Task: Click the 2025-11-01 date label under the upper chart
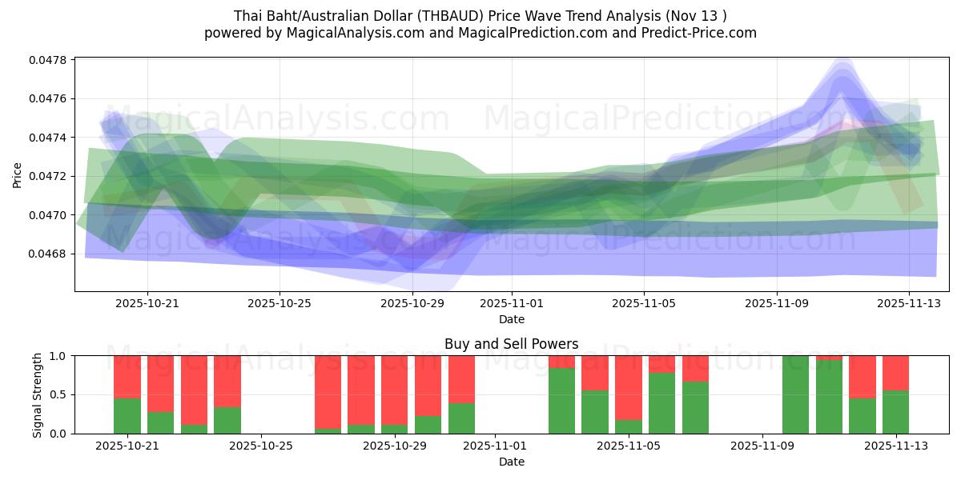[x=512, y=303]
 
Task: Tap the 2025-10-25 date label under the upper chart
[x=279, y=303]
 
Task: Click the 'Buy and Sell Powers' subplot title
[x=512, y=345]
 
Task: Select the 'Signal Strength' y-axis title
[x=38, y=394]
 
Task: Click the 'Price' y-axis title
[x=18, y=175]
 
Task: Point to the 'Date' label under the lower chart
[x=512, y=462]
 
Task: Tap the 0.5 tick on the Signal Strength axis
[x=60, y=394]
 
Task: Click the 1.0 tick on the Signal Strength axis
[x=60, y=355]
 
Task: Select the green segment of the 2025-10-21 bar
[x=127, y=415]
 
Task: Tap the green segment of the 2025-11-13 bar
[x=895, y=412]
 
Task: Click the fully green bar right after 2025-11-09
[x=795, y=394]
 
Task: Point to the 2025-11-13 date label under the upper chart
[x=909, y=303]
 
